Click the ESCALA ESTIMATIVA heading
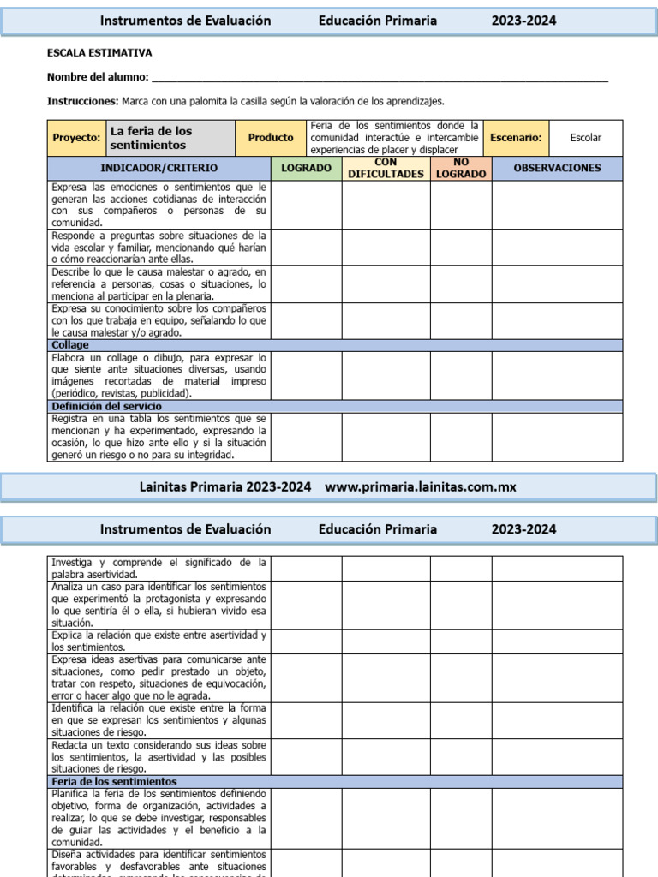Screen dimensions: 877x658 tap(99, 53)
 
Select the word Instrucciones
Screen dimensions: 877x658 tap(82, 101)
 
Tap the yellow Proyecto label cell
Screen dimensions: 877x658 tap(76, 138)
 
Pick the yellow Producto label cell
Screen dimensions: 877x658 tap(270, 138)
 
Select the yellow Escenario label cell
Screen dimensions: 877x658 tap(516, 138)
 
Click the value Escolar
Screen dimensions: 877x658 tap(586, 138)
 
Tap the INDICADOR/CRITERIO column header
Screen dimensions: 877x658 tap(159, 168)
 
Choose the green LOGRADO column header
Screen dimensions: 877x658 tap(307, 168)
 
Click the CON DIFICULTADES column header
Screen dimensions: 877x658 tap(386, 168)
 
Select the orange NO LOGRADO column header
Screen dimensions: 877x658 tap(461, 168)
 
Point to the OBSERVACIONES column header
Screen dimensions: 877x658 tap(557, 168)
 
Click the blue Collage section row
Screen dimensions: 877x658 tap(335, 345)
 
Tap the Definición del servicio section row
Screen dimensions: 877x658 tap(335, 406)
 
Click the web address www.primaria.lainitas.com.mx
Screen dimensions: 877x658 tap(421, 486)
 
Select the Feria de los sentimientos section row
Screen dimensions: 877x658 tap(335, 782)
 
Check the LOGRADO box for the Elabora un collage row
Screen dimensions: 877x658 tap(307, 376)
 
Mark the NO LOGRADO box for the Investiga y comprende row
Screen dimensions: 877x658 tap(461, 568)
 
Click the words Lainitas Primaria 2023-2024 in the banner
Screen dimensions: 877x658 tap(225, 486)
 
